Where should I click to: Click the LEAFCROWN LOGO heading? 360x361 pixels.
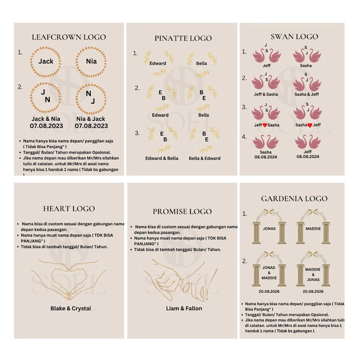[x=69, y=37]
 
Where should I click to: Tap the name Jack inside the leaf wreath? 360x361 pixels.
[x=46, y=61]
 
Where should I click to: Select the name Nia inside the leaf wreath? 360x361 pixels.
[x=91, y=61]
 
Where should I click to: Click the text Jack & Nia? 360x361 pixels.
[x=46, y=119]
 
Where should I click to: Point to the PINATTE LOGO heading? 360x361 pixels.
[x=183, y=38]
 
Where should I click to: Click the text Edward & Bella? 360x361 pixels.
[x=162, y=158]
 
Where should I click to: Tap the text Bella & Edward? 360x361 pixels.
[x=205, y=158]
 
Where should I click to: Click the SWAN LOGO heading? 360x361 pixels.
[x=294, y=37]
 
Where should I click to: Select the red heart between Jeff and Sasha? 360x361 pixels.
[x=265, y=125]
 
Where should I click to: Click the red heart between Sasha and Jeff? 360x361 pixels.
[x=310, y=125]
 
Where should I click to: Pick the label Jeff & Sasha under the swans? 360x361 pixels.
[x=266, y=94]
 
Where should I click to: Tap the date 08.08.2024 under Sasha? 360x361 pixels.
[x=266, y=157]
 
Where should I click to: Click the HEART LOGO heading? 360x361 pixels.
[x=69, y=209]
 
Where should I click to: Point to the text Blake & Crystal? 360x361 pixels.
[x=71, y=308]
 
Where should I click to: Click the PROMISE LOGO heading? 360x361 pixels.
[x=182, y=212]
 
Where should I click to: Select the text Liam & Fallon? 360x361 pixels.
[x=184, y=308]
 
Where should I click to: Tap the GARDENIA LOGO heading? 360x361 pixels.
[x=294, y=199]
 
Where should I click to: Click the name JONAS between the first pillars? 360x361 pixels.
[x=269, y=229]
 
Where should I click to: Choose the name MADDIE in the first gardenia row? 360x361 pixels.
[x=313, y=229]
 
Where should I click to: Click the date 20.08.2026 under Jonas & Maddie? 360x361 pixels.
[x=269, y=292]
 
